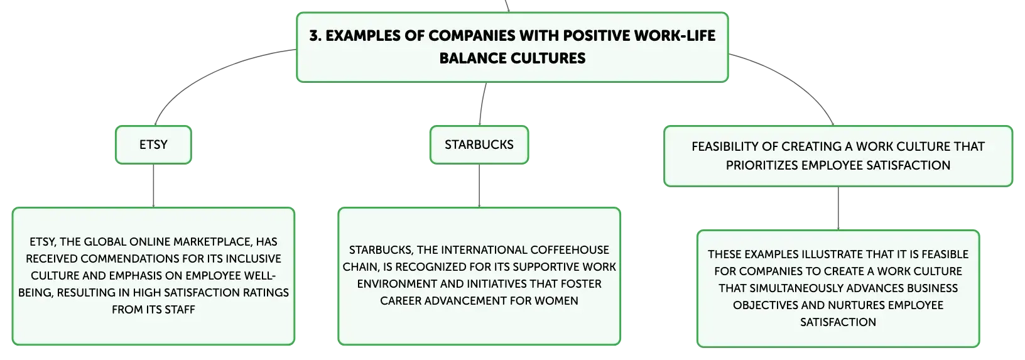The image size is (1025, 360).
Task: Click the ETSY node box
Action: tap(153, 145)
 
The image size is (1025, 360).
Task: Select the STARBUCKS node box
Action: tap(479, 145)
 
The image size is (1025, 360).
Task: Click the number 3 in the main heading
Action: tap(315, 36)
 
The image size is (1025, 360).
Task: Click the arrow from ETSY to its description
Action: tap(153, 185)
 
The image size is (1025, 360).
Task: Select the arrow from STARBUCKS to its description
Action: tap(479, 185)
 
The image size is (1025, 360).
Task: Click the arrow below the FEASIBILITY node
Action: tap(838, 209)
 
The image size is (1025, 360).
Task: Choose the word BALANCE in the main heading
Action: tap(473, 58)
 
